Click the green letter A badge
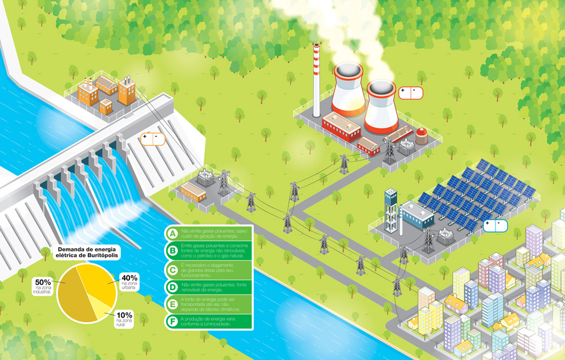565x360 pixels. [x=172, y=233]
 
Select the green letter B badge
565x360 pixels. [x=172, y=251]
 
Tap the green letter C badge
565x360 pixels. [x=172, y=271]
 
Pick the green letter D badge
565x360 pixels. [x=172, y=287]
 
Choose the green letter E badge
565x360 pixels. [x=172, y=304]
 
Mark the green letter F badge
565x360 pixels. [x=172, y=321]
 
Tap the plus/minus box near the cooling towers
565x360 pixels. [x=411, y=92]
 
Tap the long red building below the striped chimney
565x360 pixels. [x=341, y=126]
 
